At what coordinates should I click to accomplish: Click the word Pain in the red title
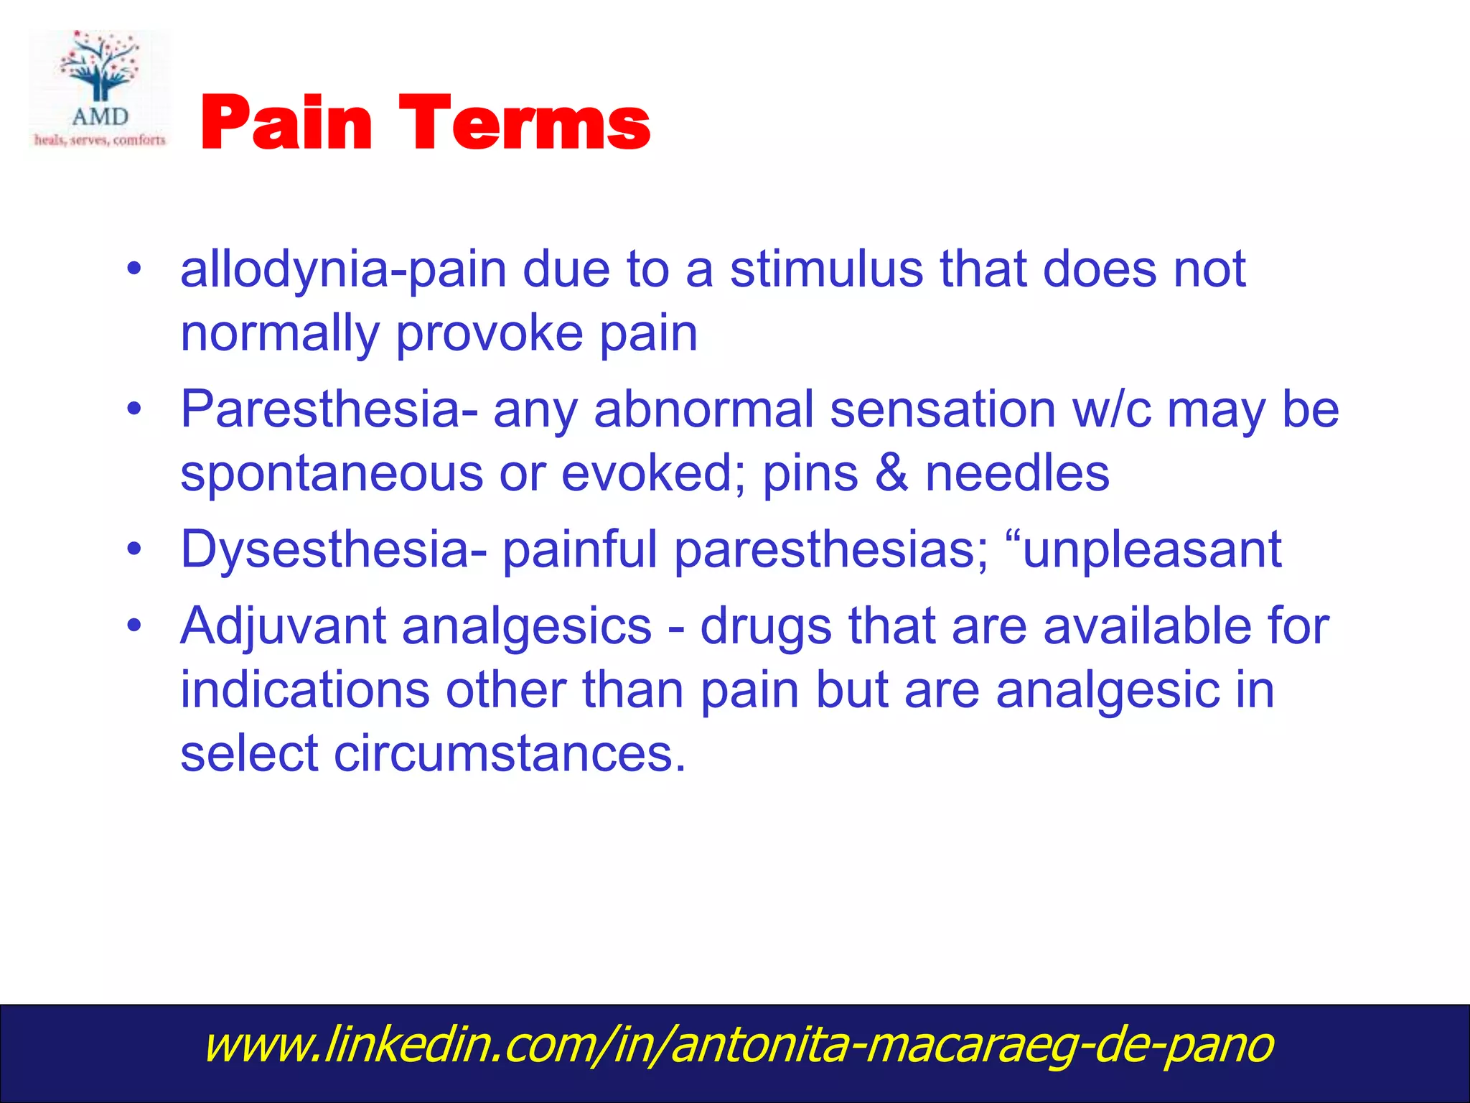point(286,124)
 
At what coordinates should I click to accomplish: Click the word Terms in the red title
point(524,124)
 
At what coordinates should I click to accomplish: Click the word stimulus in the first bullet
point(826,269)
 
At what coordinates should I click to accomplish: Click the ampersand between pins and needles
point(891,474)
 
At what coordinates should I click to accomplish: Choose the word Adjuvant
point(283,627)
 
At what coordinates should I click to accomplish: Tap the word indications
point(304,690)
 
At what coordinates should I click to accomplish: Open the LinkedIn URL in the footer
point(738,1045)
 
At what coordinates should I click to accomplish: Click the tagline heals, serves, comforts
point(100,140)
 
